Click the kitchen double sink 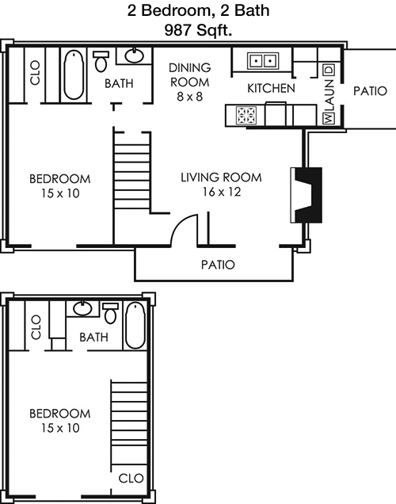[263, 60]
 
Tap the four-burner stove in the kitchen [246, 116]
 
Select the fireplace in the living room [307, 195]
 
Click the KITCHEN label [271, 88]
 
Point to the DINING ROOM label [190, 75]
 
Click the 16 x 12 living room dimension [222, 192]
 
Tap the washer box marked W [328, 118]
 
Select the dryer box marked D [329, 70]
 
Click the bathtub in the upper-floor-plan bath [74, 75]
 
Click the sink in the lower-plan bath [83, 308]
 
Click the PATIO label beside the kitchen [370, 91]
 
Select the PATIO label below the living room [218, 265]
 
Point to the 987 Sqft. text [198, 30]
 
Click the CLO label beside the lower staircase [131, 479]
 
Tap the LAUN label [329, 95]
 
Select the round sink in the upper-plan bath [135, 56]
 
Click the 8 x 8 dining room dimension [190, 97]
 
